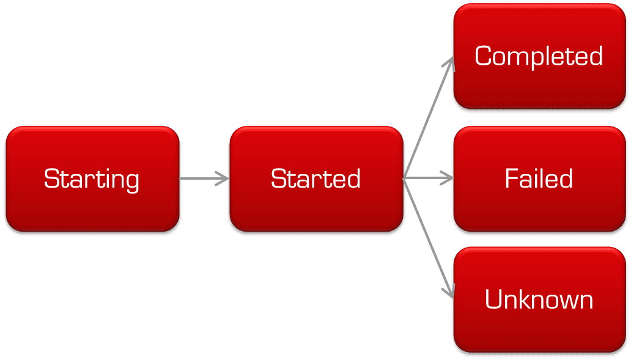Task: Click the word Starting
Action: pyautogui.click(x=92, y=179)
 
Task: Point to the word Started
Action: pyautogui.click(x=315, y=179)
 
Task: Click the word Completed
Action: pyautogui.click(x=539, y=56)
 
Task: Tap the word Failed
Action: pyautogui.click(x=539, y=178)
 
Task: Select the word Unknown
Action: pyautogui.click(x=539, y=300)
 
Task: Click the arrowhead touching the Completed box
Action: pyautogui.click(x=451, y=63)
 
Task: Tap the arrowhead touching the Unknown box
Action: pyautogui.click(x=451, y=293)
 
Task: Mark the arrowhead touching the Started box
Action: pyautogui.click(x=224, y=178)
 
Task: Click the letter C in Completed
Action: pyautogui.click(x=483, y=56)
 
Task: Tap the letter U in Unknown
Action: pyautogui.click(x=493, y=300)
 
